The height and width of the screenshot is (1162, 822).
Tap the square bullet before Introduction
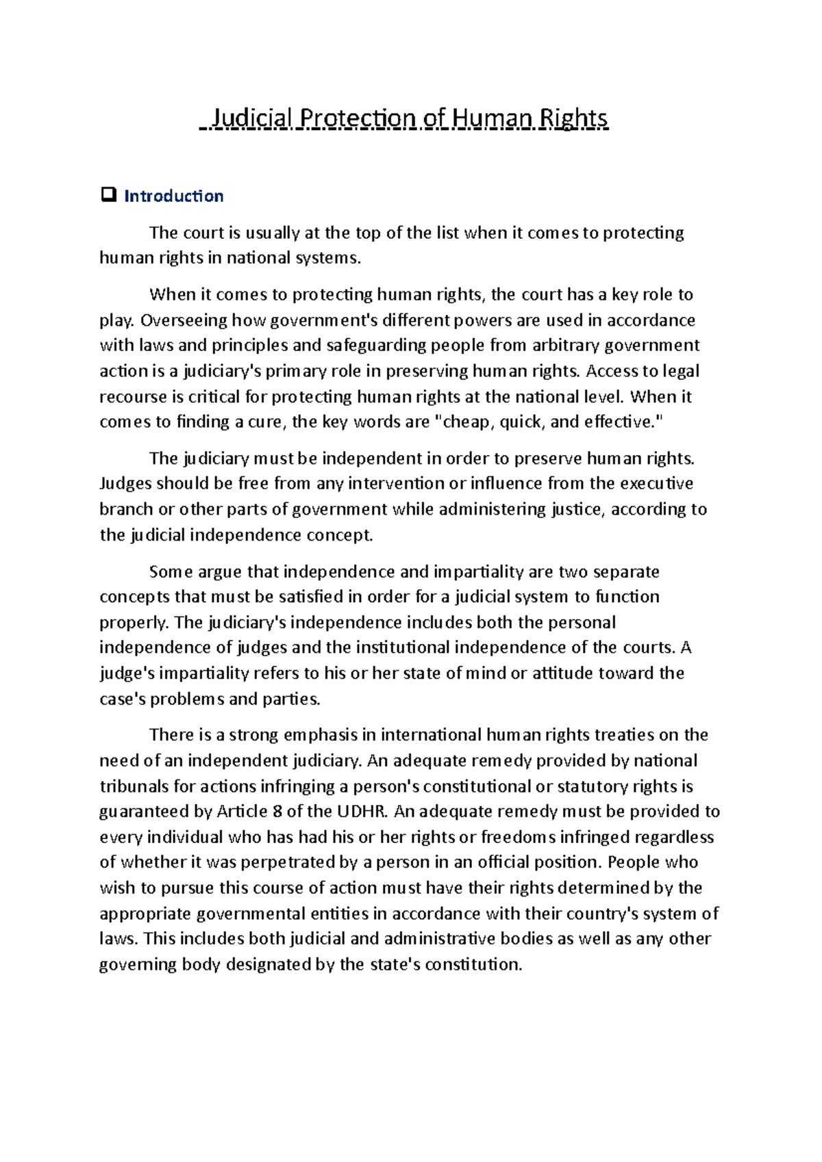point(108,196)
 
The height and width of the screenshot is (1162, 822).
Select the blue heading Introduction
point(173,196)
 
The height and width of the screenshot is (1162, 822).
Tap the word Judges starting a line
point(125,484)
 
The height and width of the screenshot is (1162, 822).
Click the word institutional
point(402,647)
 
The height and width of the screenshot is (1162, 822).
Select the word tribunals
point(134,786)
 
